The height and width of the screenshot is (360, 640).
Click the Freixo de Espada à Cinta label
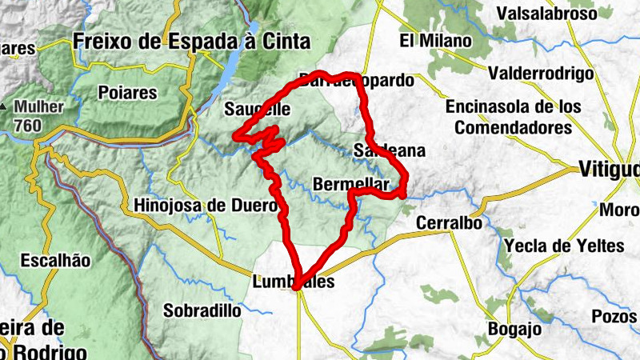[191, 41]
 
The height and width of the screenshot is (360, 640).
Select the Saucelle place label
[258, 109]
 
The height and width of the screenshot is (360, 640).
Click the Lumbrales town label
[292, 282]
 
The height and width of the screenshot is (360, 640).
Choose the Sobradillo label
[202, 309]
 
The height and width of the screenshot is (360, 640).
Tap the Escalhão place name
[56, 260]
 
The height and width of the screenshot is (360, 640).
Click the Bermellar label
[352, 183]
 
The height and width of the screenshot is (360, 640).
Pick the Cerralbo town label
[449, 223]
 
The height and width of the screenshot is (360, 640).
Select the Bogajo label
[514, 328]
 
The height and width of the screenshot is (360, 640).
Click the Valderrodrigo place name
[542, 74]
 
